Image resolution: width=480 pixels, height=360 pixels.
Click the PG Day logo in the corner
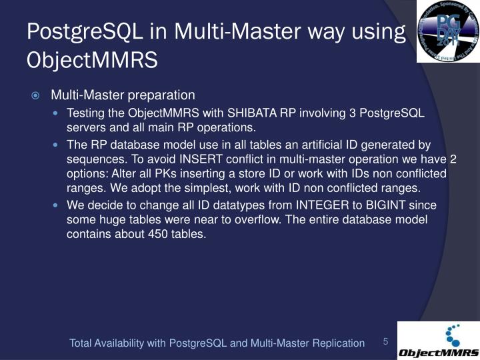pyautogui.click(x=448, y=31)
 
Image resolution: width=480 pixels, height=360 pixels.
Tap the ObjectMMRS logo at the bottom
pyautogui.click(x=438, y=341)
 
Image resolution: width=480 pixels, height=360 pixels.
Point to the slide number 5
pyautogui.click(x=385, y=342)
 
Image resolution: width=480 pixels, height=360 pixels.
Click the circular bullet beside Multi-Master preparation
pyautogui.click(x=37, y=95)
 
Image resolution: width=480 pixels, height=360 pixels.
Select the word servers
pyautogui.click(x=85, y=127)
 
